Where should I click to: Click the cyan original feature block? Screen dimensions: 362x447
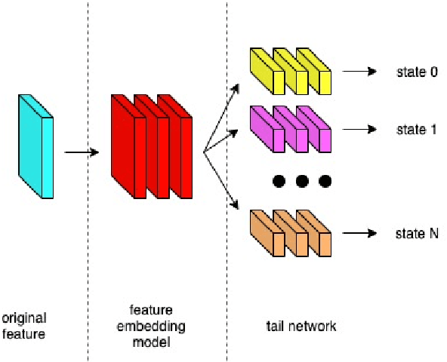[x=35, y=147]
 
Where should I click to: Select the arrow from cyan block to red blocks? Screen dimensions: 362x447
[x=82, y=153]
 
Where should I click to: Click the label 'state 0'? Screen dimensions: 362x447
[x=417, y=72]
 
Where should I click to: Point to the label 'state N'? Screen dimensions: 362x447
[x=417, y=234]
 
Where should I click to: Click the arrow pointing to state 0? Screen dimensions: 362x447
[x=359, y=72]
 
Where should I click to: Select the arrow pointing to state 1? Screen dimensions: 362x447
[x=359, y=129]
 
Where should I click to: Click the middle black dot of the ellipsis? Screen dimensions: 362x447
[x=302, y=181]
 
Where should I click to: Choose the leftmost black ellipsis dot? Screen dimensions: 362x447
[x=279, y=181]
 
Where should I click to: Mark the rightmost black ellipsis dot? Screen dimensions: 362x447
[x=325, y=181]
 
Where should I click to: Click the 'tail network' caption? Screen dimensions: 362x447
[x=301, y=327]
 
